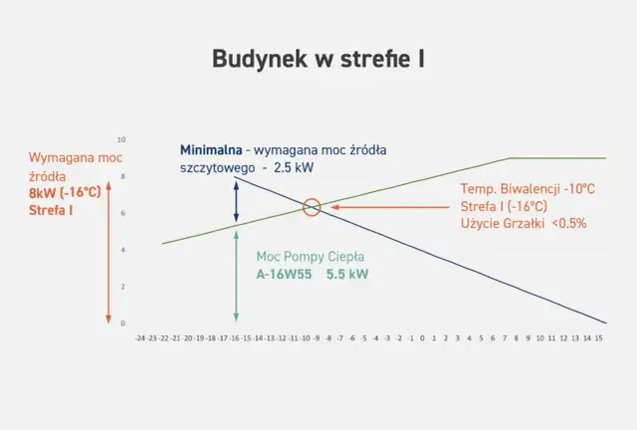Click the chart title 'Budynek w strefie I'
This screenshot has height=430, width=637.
[318, 59]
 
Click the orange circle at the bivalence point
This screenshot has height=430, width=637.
[312, 207]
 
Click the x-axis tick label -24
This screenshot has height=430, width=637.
[140, 338]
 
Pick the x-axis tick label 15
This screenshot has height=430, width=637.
[598, 338]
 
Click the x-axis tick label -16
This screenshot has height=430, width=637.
[235, 338]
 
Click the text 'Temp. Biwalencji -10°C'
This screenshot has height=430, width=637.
[528, 188]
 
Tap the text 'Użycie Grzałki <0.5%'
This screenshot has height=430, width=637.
[524, 223]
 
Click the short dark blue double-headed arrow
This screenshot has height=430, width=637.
[236, 202]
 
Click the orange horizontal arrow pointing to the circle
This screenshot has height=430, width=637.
[388, 207]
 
